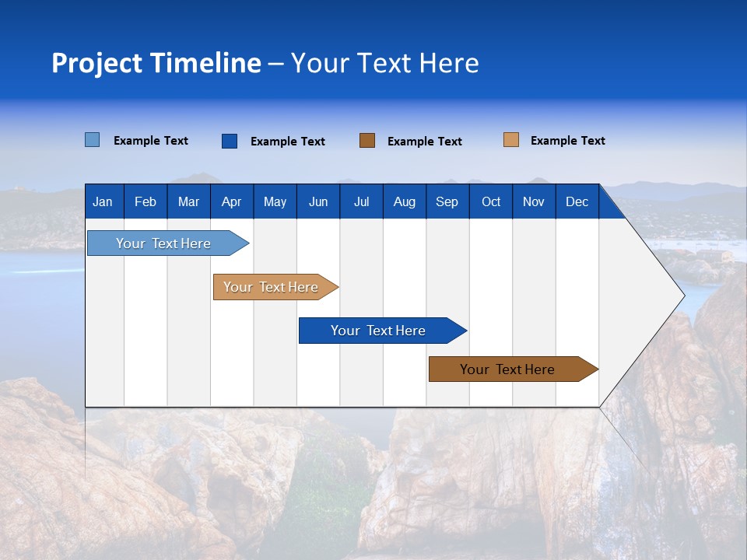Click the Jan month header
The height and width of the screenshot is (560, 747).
pyautogui.click(x=103, y=201)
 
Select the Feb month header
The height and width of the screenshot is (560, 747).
pyautogui.click(x=146, y=201)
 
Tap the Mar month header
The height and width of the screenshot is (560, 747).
pyautogui.click(x=188, y=201)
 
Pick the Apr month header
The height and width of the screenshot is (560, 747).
pyautogui.click(x=232, y=201)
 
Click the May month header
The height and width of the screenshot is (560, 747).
pyautogui.click(x=275, y=201)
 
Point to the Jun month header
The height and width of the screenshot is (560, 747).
pyautogui.click(x=318, y=201)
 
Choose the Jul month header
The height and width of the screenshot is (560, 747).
pyautogui.click(x=361, y=201)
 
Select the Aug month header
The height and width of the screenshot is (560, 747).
pyautogui.click(x=405, y=201)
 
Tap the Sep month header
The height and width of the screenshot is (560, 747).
pyautogui.click(x=447, y=201)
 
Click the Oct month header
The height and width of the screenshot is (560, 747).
pyautogui.click(x=491, y=201)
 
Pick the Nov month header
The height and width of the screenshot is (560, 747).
pyautogui.click(x=534, y=201)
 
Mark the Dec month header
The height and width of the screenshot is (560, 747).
pyautogui.click(x=577, y=201)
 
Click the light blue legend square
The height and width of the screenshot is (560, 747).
pyautogui.click(x=93, y=140)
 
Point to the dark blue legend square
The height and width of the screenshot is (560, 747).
pyautogui.click(x=230, y=141)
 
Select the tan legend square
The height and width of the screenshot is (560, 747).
pyautogui.click(x=511, y=140)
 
